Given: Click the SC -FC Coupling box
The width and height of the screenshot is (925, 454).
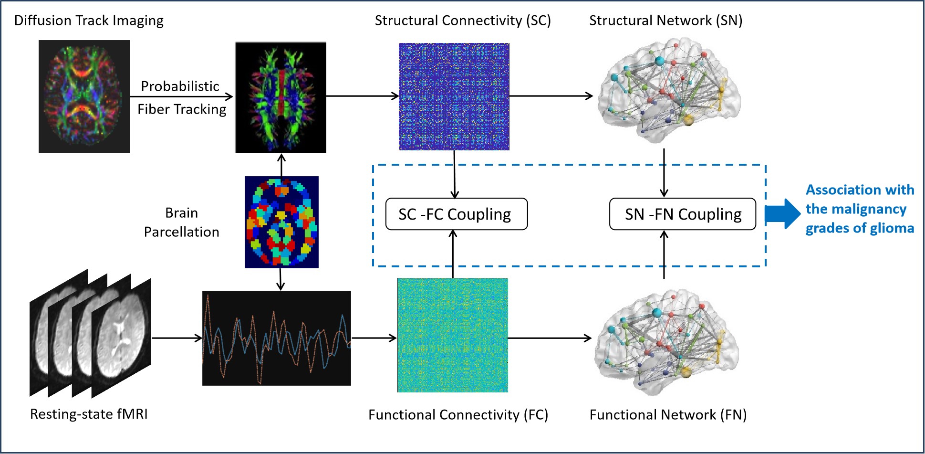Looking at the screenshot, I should coord(456,214).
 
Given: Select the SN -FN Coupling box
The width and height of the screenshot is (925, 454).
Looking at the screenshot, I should coord(683,214).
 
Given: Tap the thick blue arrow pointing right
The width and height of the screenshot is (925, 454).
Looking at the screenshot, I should coord(782,214).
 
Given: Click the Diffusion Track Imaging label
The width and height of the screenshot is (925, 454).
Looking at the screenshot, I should coord(89,21).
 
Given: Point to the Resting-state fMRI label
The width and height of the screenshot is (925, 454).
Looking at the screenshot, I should coord(89,414).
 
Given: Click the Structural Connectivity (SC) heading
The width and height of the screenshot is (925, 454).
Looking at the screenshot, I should coord(462,21).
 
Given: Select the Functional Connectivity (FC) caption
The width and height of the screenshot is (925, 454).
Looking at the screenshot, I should coord(458,415).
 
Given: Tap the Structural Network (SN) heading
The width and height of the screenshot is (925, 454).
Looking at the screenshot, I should coord(665,21).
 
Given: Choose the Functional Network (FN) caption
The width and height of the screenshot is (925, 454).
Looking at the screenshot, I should coord(668,415).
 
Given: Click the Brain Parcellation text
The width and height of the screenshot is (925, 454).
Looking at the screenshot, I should coord(181,222).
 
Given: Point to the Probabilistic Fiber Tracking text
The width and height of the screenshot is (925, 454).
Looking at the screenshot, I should coord(181,98).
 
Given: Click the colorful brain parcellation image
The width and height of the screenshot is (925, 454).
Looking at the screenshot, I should coord(281,222).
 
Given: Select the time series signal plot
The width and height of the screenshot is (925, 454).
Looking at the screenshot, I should coord(277,338).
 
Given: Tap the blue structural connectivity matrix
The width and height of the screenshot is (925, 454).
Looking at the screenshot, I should coord(454,96).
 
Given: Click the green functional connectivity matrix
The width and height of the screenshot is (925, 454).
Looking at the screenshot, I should coord(452,335).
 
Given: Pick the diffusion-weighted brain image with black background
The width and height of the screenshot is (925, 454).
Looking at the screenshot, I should coord(84,96).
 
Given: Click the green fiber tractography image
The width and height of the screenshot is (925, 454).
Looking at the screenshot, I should coord(281,97).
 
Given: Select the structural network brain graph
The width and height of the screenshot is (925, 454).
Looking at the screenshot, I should coord(668,91).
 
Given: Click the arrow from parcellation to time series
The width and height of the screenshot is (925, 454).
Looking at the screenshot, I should coord(281,279).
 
